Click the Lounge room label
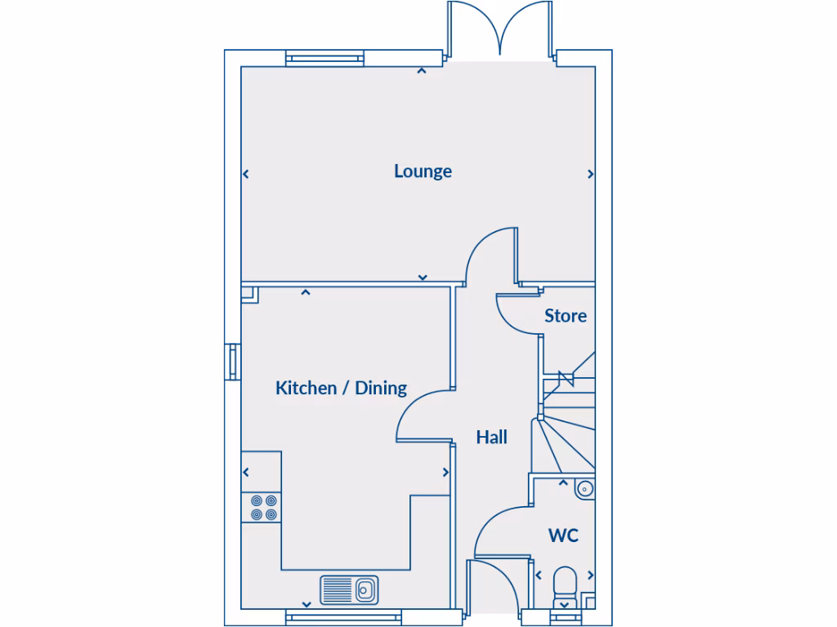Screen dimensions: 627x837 [423, 171]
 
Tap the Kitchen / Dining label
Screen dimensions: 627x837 [341, 388]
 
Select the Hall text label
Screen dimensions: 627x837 [492, 438]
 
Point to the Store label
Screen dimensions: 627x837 [566, 315]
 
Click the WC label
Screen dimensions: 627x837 [563, 536]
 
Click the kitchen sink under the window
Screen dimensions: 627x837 [350, 589]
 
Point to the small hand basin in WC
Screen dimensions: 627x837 [584, 489]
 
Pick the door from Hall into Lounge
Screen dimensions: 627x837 [490, 256]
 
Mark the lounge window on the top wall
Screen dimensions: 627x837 [325, 59]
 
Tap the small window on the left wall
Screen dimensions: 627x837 [233, 361]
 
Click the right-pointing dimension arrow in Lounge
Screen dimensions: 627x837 [590, 174]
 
